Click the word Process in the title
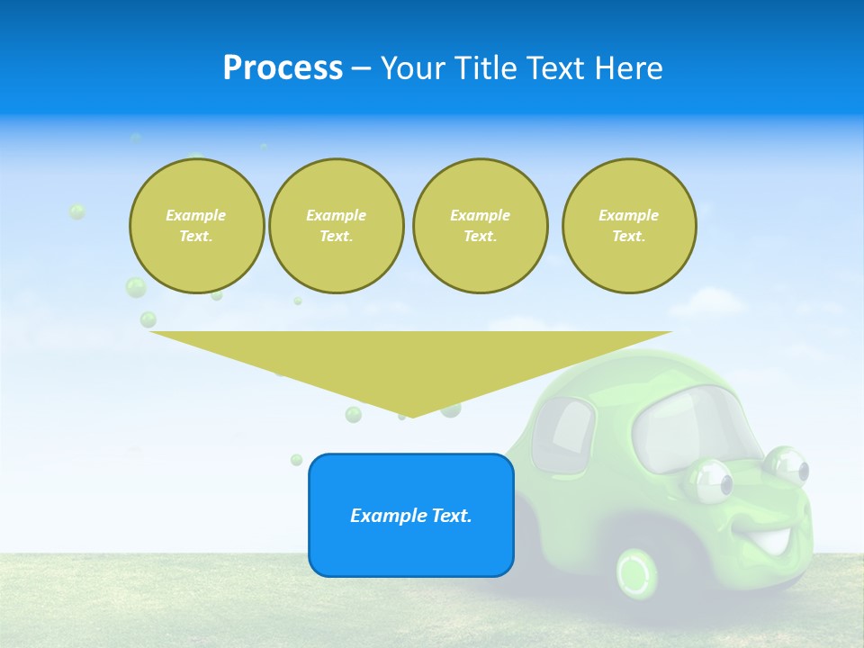pos(283,68)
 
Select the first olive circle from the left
pos(196,226)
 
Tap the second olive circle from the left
pos(336,226)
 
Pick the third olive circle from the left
pos(480,226)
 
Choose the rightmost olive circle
pos(628,226)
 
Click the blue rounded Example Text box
pos(410,515)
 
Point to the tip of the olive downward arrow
pos(411,416)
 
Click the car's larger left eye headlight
pos(711,481)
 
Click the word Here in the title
pos(633,68)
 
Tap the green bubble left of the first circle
pos(77,211)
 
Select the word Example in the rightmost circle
pos(628,215)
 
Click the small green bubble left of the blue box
pos(296,460)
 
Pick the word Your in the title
pos(410,68)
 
